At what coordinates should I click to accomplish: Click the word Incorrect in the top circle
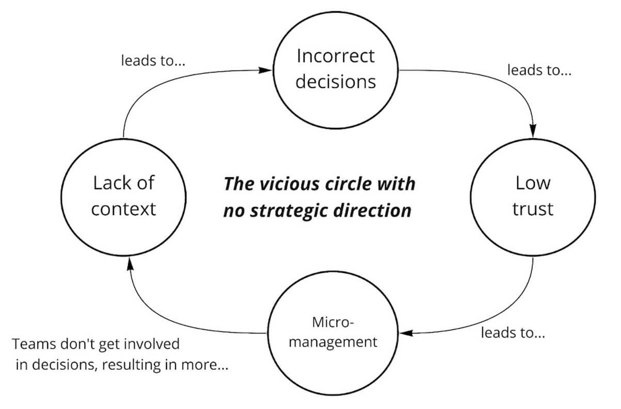point(336,56)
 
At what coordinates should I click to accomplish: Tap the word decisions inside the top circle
point(336,82)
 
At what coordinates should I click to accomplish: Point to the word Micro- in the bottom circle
point(333,323)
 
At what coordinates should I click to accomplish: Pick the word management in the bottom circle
point(333,342)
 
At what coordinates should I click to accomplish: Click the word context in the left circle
point(124,208)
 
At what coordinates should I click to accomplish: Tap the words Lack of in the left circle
point(124,183)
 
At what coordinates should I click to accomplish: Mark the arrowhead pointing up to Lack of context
point(130,265)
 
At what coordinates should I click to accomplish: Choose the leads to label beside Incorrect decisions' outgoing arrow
point(539,70)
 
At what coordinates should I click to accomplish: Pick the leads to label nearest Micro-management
point(513,332)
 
